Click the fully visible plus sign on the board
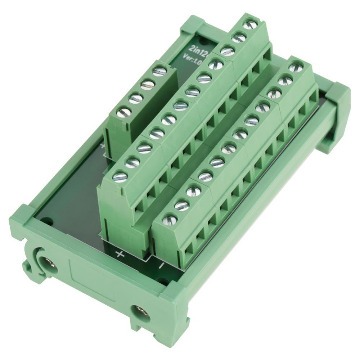(x=120, y=254)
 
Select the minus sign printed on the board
(x=161, y=265)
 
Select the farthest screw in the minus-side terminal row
(x=295, y=66)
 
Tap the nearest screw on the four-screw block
(x=122, y=113)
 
